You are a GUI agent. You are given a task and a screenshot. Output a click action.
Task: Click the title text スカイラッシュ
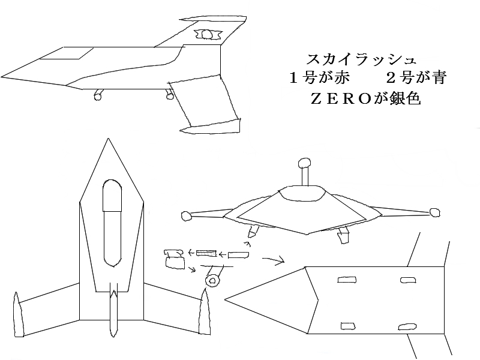pos(361,59)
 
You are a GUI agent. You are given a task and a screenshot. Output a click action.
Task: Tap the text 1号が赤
pos(319,78)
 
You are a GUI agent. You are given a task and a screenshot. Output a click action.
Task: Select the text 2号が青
pos(416,78)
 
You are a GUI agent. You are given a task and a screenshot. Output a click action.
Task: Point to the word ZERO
pos(341,99)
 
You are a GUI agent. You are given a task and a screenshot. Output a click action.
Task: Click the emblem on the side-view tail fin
pos(207,34)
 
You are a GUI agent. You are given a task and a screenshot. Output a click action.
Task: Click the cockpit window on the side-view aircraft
pos(67,53)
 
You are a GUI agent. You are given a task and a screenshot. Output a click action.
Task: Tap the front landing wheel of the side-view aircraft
pos(98,97)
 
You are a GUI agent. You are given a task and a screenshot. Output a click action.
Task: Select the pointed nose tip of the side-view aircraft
pos(2,76)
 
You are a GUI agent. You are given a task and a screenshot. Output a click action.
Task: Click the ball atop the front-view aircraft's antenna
pos(305,163)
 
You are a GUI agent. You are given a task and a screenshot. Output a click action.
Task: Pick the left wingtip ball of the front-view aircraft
pos(187,216)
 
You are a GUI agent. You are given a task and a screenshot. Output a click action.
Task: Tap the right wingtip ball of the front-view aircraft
pos(434,212)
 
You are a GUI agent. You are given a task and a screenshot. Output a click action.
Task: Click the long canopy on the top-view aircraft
pos(112,223)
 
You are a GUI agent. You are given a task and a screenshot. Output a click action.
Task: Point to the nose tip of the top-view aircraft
pos(108,139)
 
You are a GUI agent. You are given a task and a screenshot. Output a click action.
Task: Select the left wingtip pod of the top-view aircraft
pos(19,314)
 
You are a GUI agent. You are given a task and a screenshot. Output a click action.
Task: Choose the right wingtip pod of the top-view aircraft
pos(204,312)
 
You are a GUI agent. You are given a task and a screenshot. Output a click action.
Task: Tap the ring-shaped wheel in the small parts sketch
pos(213,280)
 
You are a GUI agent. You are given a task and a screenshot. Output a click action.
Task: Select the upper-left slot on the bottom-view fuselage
pos(347,280)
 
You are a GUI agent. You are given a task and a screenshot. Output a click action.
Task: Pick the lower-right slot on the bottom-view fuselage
pos(407,327)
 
